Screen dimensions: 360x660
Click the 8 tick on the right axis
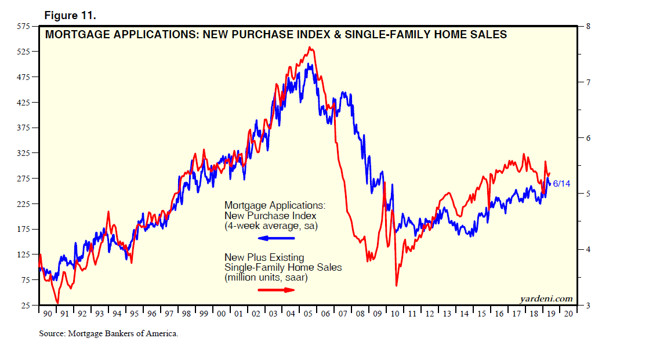click(589, 27)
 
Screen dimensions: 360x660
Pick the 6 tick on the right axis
click(589, 138)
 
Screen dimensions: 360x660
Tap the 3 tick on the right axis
click(589, 306)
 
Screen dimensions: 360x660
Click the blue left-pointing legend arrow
click(277, 238)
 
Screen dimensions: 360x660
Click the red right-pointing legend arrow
click(277, 289)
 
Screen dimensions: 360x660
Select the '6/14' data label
click(561, 183)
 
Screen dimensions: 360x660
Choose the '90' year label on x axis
click(47, 314)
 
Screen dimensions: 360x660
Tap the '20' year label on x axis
click(569, 314)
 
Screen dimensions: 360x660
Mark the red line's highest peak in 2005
click(311, 48)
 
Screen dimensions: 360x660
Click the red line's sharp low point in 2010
click(397, 285)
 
